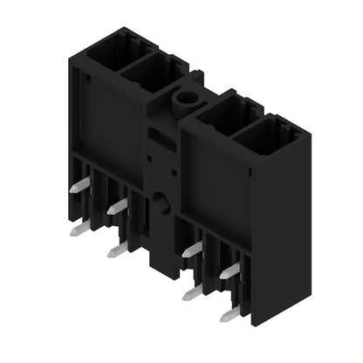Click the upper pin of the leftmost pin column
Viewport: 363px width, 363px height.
79,185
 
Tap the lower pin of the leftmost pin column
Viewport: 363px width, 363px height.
79,228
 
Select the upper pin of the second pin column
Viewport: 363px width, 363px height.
118,207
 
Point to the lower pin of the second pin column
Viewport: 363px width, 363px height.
117,250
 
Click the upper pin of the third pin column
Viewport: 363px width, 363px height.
192,250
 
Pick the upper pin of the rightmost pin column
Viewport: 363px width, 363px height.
229,271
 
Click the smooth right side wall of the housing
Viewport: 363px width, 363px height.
281,236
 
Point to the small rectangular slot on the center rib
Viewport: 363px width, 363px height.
154,136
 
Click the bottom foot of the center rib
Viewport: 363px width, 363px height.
161,262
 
